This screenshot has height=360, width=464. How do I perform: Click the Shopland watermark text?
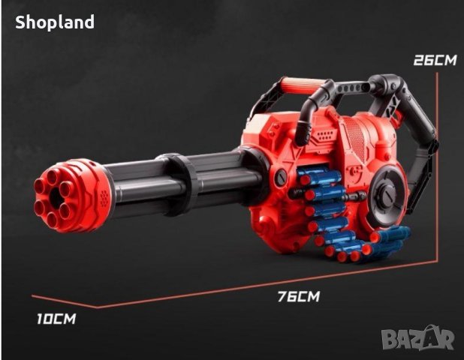(55, 22)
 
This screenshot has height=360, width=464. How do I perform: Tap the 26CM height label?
(435, 60)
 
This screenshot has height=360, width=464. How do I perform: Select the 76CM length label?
(299, 296)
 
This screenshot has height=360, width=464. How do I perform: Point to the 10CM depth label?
(56, 319)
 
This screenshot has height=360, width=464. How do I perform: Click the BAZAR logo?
(417, 337)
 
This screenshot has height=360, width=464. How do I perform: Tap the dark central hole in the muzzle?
(56, 196)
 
